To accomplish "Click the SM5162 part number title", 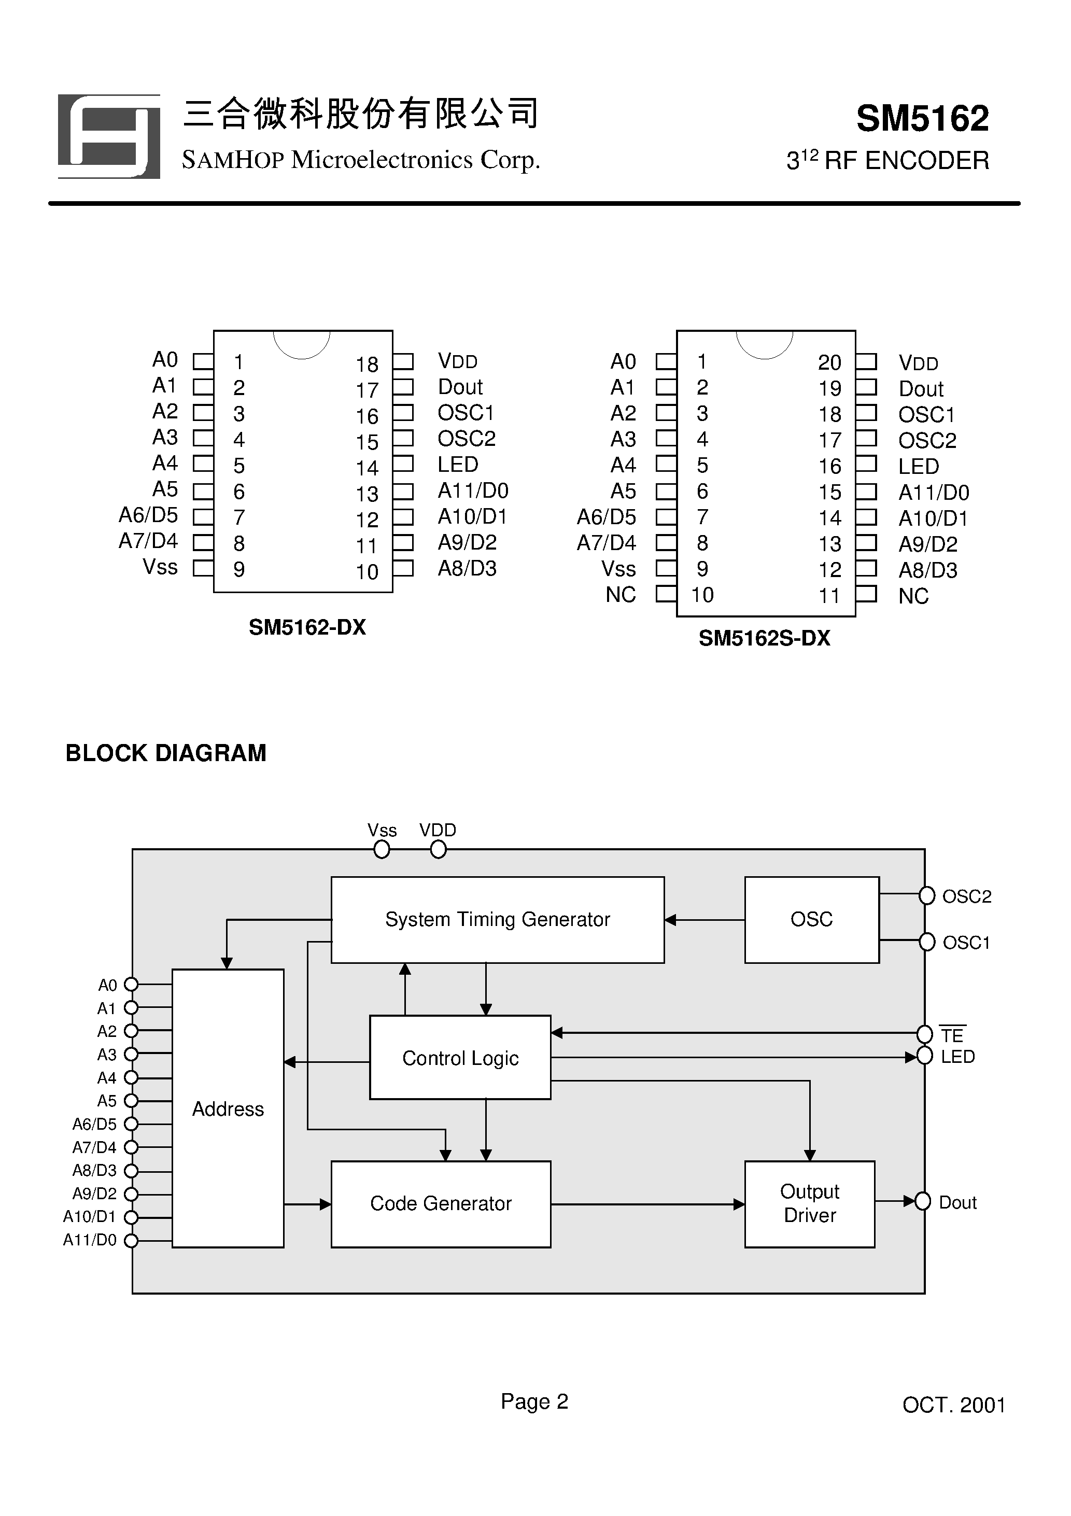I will (x=922, y=119).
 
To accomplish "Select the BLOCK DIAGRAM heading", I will (x=166, y=753).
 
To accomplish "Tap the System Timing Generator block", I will (x=497, y=920).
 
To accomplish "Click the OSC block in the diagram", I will (x=811, y=920).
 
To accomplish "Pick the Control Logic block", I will (x=460, y=1058).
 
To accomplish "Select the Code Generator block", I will (x=441, y=1204).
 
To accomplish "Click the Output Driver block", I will (x=810, y=1204).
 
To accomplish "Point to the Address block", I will (x=228, y=1110).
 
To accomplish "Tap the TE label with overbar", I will (x=952, y=1035).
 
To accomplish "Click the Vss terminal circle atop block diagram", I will (x=382, y=850).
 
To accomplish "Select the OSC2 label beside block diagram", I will (x=967, y=896).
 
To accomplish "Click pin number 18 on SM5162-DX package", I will (x=367, y=364).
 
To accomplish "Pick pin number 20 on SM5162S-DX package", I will (x=829, y=362).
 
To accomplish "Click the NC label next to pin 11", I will (x=913, y=596).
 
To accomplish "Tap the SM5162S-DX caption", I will (x=764, y=638).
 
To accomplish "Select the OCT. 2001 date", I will (x=953, y=1405).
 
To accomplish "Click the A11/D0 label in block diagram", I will (x=90, y=1240).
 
